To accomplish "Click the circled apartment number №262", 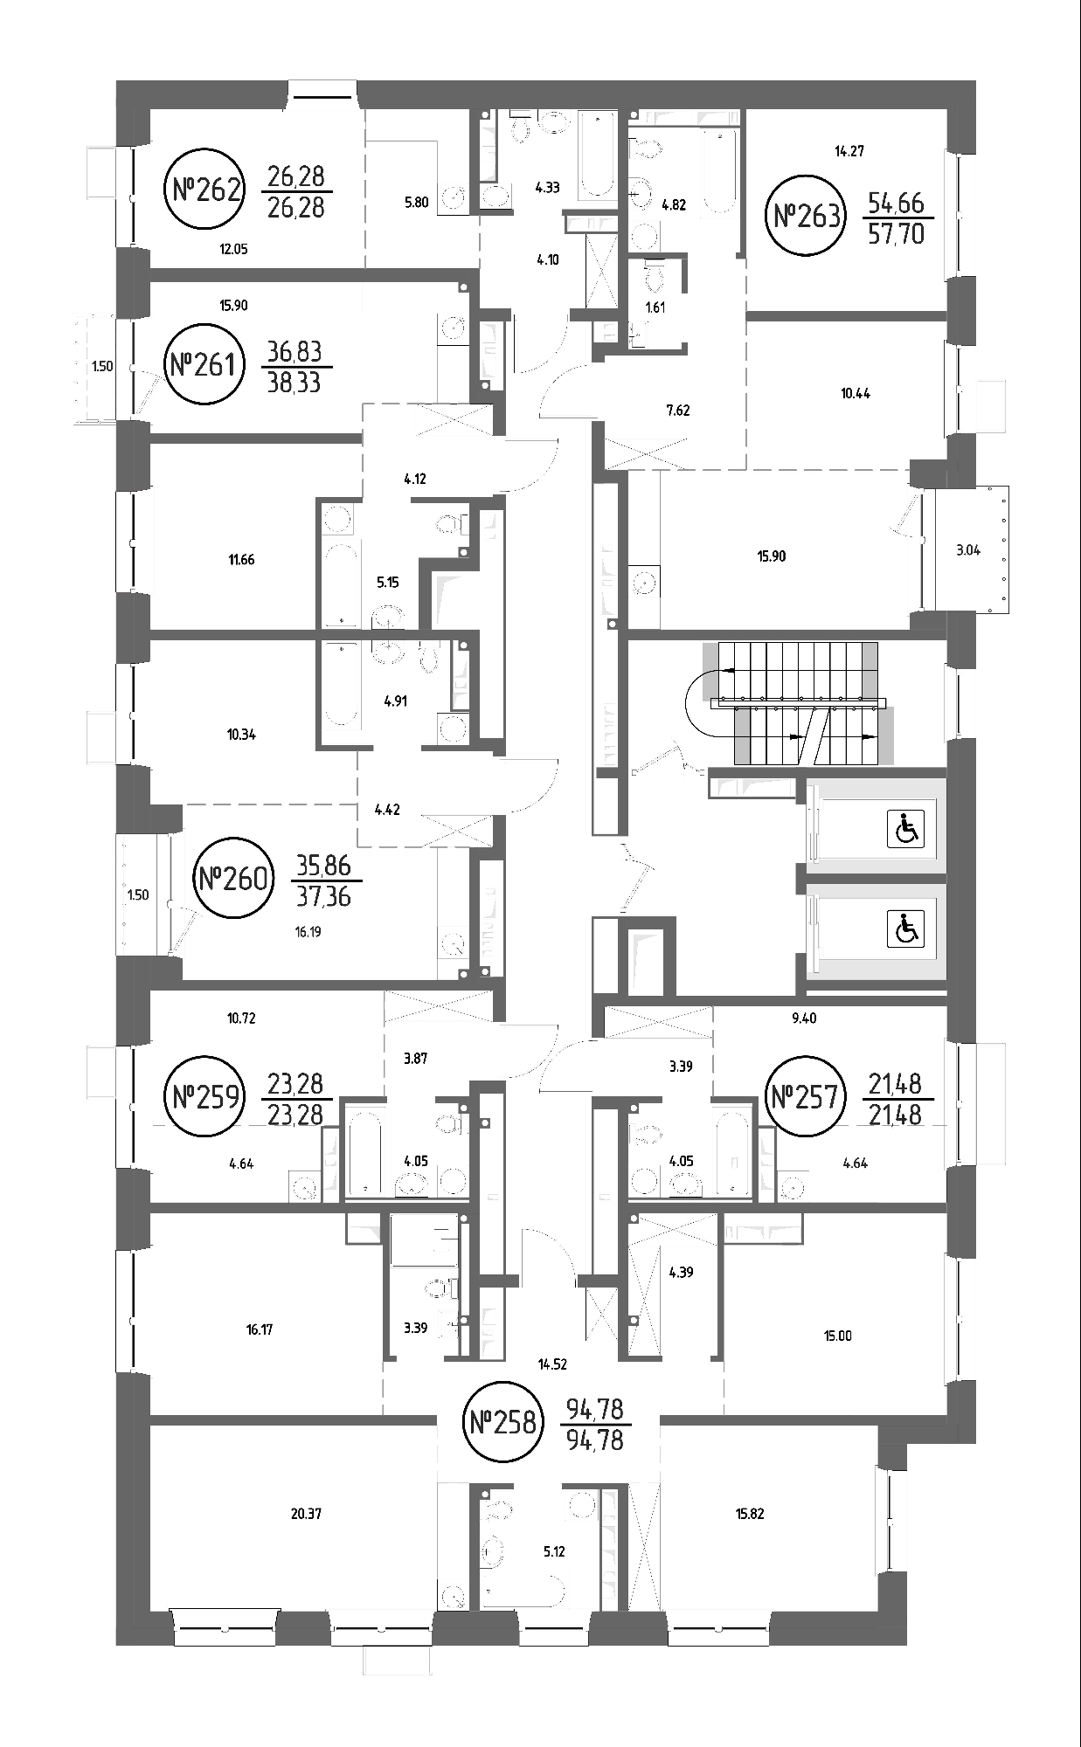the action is point(205,189).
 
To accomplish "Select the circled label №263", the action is point(807,215).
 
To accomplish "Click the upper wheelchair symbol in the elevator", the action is point(906,829).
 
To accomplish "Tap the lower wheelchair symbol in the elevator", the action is point(906,928).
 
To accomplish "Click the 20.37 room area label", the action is point(307,1514).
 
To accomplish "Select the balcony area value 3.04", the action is point(968,550).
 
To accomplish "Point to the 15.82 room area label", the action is point(750,1514).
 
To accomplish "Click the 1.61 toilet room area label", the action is point(655,307).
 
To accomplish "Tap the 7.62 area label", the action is point(678,410).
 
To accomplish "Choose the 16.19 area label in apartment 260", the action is point(308,932).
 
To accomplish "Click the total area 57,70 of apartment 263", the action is point(896,234).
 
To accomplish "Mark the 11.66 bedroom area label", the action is point(241,560).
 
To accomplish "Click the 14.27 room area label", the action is point(849,151).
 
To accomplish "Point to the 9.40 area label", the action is point(803,1018).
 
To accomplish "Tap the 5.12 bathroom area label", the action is point(554,1552).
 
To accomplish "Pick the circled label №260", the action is point(233,878).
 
